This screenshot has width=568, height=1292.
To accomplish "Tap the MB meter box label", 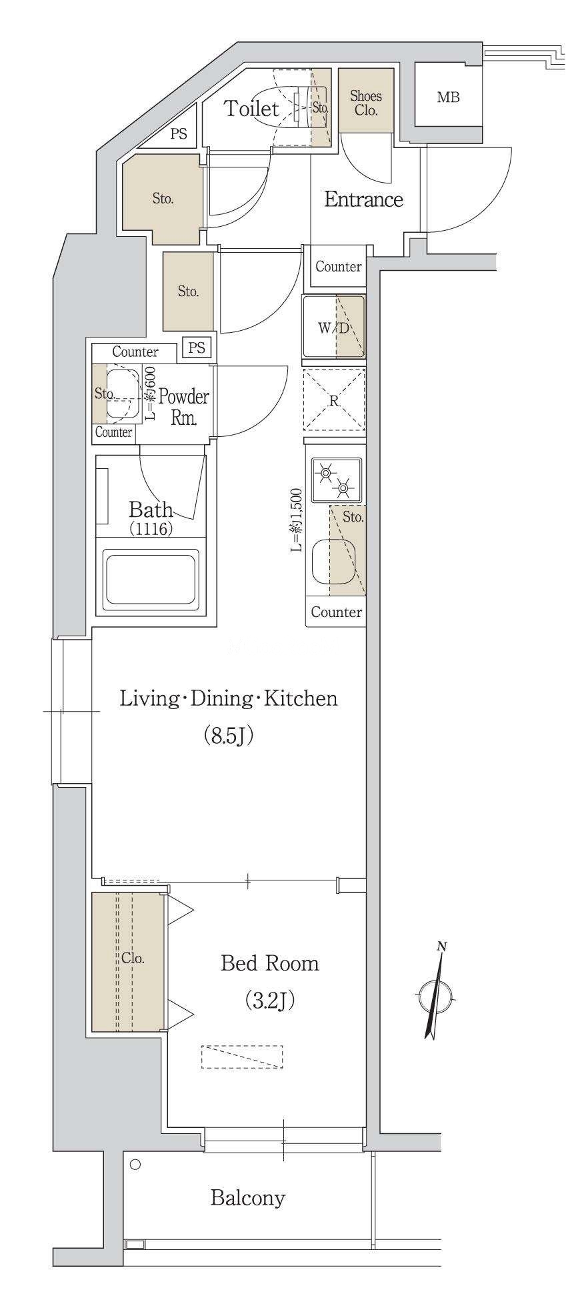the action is [448, 97].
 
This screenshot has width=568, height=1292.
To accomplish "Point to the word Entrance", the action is [363, 199].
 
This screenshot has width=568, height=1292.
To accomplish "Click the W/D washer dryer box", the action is [334, 328].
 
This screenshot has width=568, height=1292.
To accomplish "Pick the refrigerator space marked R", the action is [335, 400].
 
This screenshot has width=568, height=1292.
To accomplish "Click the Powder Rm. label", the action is [183, 408].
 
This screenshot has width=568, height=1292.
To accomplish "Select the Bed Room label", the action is [269, 963].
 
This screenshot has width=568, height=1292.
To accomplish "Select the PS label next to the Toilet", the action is [179, 134].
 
